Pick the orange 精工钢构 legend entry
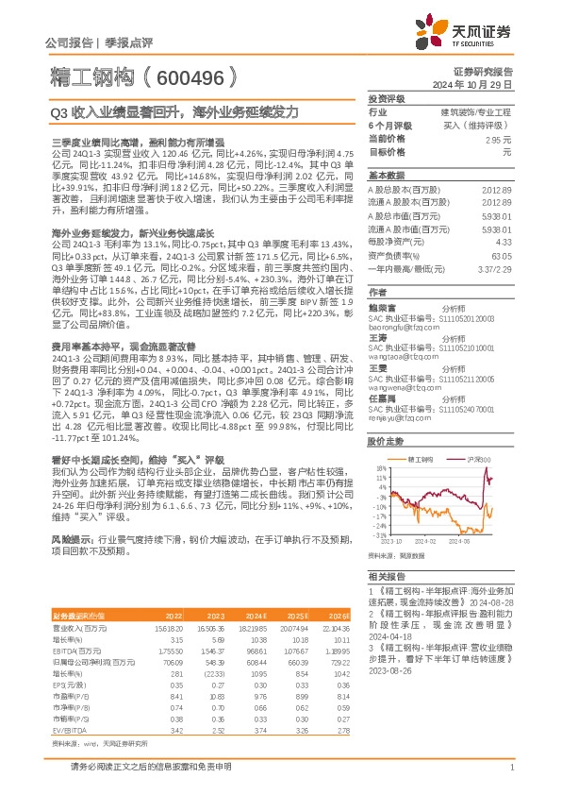coord(421,458)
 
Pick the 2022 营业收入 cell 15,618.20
coord(170,628)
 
